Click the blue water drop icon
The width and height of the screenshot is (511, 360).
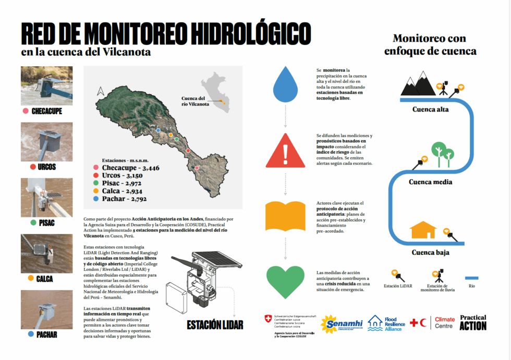(285, 84)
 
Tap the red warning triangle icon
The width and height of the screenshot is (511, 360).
(285, 152)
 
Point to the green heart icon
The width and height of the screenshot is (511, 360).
(285, 281)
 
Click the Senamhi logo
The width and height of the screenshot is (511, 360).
(342, 324)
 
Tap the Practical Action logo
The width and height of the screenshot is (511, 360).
(473, 322)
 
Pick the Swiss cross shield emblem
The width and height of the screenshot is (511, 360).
(269, 317)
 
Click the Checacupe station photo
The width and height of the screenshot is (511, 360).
(46, 85)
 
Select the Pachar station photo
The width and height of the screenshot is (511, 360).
(46, 309)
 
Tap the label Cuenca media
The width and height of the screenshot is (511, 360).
(430, 182)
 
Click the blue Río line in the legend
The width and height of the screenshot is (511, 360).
(471, 278)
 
